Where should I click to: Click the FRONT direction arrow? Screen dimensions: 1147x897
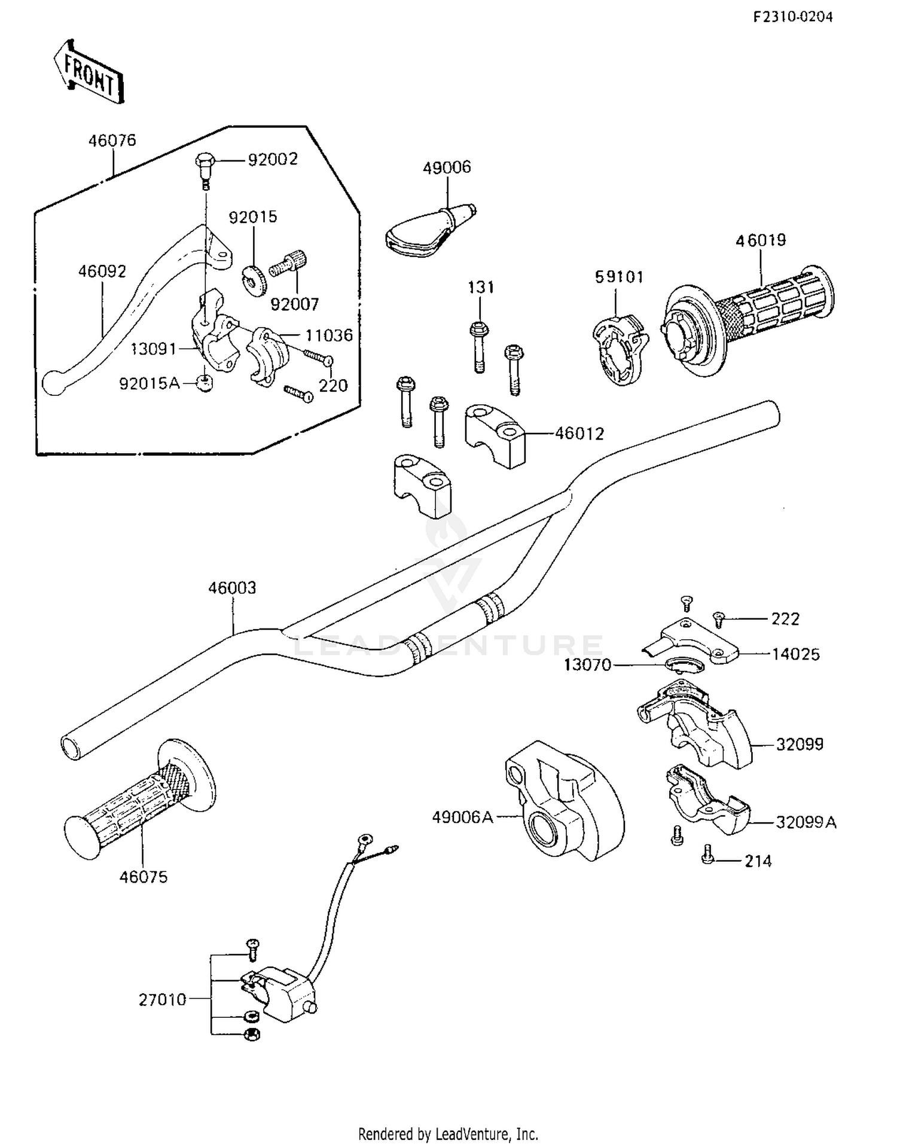click(89, 73)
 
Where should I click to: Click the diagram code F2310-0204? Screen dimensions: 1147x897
click(792, 17)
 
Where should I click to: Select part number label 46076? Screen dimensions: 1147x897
click(112, 141)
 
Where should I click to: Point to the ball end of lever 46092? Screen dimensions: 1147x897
click(54, 382)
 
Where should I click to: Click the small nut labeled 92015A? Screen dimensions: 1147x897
click(205, 383)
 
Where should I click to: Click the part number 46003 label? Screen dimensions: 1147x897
click(232, 588)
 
